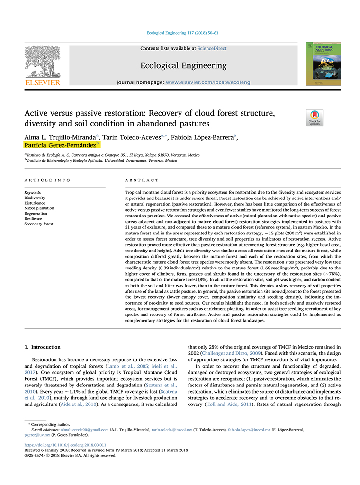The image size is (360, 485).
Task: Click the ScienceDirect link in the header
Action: (212, 48)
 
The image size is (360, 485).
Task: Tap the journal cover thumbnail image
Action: (323, 63)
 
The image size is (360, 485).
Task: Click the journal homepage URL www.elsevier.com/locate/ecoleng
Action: (208, 82)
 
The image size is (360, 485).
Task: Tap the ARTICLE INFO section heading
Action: (47, 180)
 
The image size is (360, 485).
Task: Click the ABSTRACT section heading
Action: (142, 180)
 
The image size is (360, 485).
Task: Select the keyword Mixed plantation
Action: (39, 208)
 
